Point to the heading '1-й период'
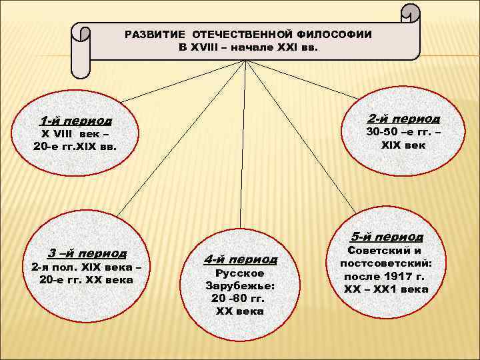[x=75, y=121]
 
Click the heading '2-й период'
[x=403, y=118]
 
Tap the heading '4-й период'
[x=240, y=259]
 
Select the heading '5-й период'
[x=387, y=237]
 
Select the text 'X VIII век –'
[x=75, y=134]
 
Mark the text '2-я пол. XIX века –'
[x=87, y=267]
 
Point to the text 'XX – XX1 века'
[x=386, y=289]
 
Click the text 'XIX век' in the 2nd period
[x=403, y=145]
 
